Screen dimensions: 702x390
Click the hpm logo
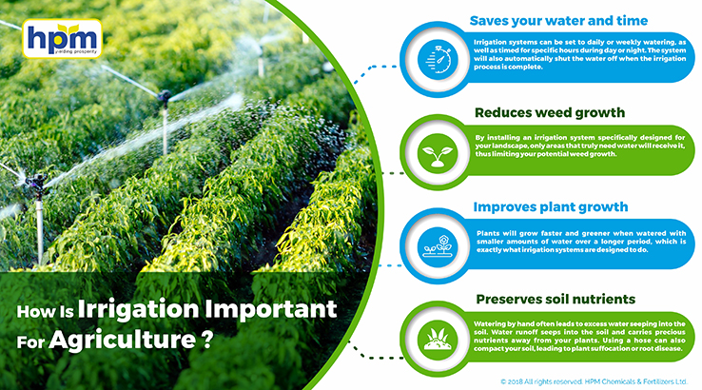point(62,38)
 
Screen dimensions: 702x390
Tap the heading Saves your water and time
point(558,21)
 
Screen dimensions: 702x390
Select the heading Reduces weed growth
point(550,112)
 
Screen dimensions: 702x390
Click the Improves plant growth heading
point(551,206)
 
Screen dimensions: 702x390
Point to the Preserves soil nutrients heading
point(556,299)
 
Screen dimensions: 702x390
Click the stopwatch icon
point(438,60)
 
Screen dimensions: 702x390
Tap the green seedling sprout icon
point(438,153)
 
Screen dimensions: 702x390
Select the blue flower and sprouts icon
point(438,246)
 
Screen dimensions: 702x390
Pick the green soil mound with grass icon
point(438,339)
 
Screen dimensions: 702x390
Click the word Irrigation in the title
point(138,309)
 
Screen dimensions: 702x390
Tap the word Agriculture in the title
point(122,340)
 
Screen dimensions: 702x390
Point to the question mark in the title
point(206,340)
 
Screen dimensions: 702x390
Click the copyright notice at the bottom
point(594,381)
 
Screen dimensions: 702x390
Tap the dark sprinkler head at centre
point(165,95)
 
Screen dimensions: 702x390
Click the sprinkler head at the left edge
point(36,183)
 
